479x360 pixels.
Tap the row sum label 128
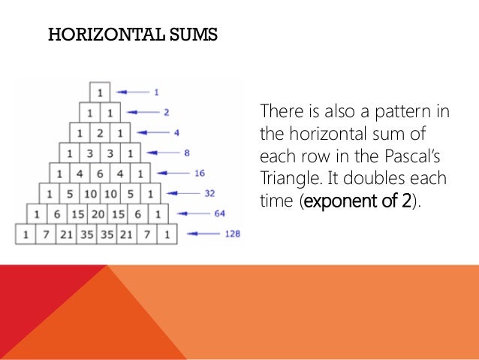pos(232,234)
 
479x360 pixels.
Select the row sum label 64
pos(219,213)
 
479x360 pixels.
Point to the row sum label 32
pos(209,193)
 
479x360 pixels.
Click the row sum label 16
pos(199,173)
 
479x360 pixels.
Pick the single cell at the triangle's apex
pos(100,92)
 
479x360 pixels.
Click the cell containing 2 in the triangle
pos(100,132)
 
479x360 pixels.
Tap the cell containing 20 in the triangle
pos(100,213)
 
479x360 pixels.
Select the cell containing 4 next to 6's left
pos(80,173)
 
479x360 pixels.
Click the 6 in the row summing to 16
pos(100,173)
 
